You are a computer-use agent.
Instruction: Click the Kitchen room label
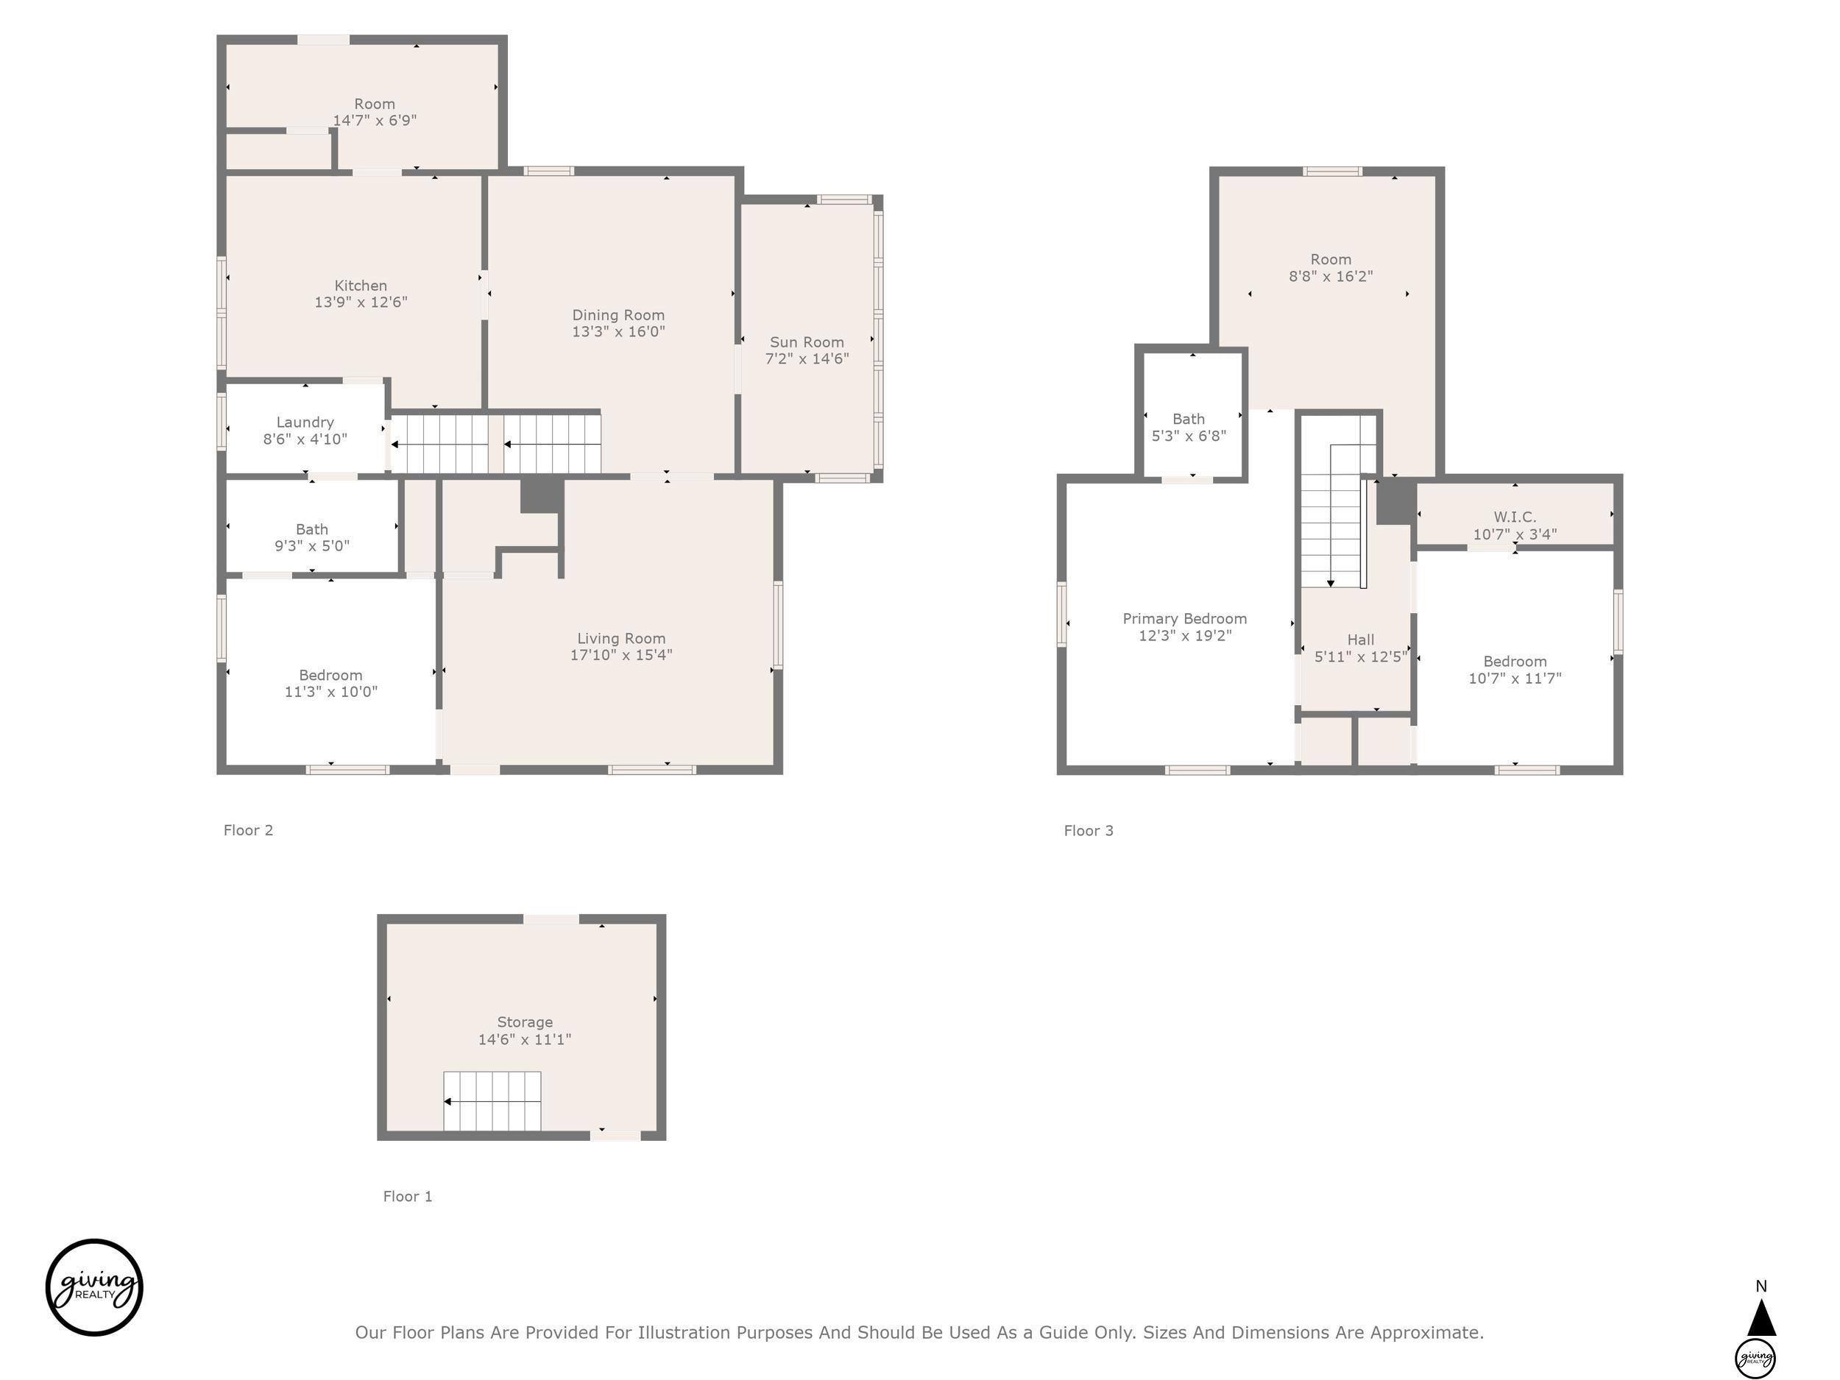[361, 286]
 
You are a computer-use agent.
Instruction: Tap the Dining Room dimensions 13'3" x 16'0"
[618, 331]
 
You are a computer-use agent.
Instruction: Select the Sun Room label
[807, 342]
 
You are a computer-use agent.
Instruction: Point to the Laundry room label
[305, 422]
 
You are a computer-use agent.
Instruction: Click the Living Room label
[621, 638]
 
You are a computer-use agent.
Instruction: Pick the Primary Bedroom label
[1184, 619]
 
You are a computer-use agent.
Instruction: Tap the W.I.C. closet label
[1515, 517]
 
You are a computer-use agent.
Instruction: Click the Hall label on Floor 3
[1361, 640]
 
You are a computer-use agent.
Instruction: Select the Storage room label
[525, 1022]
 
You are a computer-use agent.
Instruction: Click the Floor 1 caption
[408, 1196]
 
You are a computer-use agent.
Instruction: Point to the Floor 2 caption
[248, 830]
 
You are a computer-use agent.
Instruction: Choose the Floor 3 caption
[1088, 831]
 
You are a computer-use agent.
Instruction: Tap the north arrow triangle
[1761, 1317]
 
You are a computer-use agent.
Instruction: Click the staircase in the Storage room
[492, 1101]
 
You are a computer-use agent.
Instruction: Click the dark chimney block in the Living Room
[542, 496]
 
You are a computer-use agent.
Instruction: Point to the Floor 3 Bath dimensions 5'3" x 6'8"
[1189, 436]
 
